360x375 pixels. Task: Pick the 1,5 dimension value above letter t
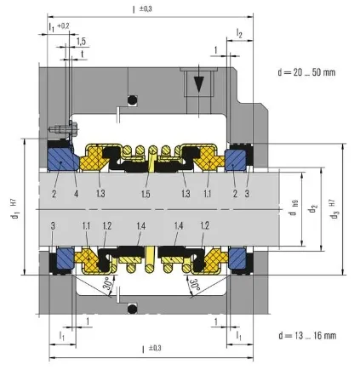(80, 41)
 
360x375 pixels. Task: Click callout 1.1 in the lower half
(87, 224)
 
